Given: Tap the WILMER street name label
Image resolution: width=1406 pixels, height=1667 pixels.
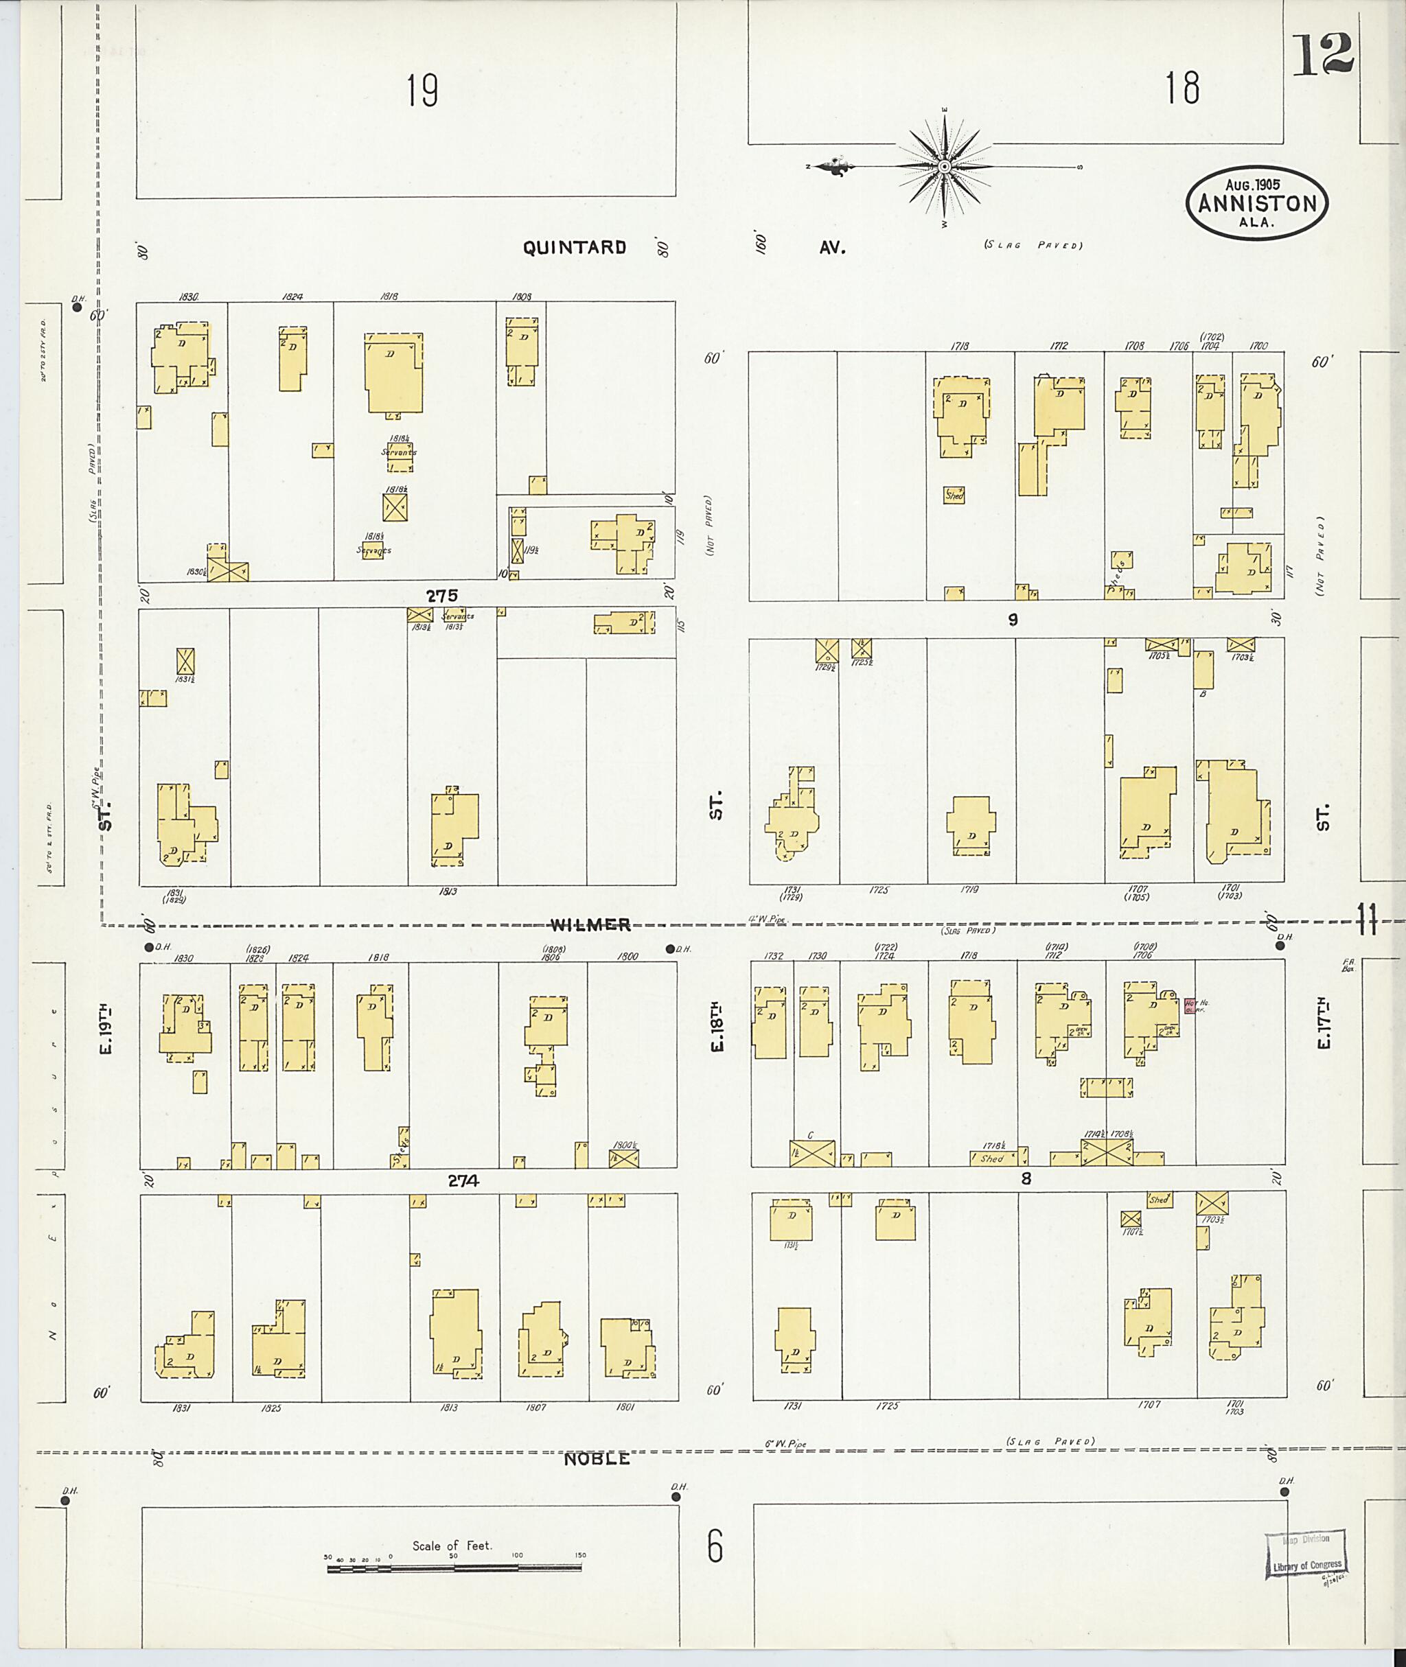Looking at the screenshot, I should pos(590,924).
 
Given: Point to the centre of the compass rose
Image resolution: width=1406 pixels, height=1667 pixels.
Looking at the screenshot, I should pos(945,167).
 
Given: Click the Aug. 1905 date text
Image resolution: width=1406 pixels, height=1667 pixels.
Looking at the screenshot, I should pos(1257,184).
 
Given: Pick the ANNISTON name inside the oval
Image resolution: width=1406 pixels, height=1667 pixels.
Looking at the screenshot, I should pos(1258,203).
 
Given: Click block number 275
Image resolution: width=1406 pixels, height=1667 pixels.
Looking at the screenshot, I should pos(441,595).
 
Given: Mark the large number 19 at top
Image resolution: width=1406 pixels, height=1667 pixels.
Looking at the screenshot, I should pos(422,90).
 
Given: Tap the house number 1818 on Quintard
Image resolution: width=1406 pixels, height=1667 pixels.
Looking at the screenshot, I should pos(390,296).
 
